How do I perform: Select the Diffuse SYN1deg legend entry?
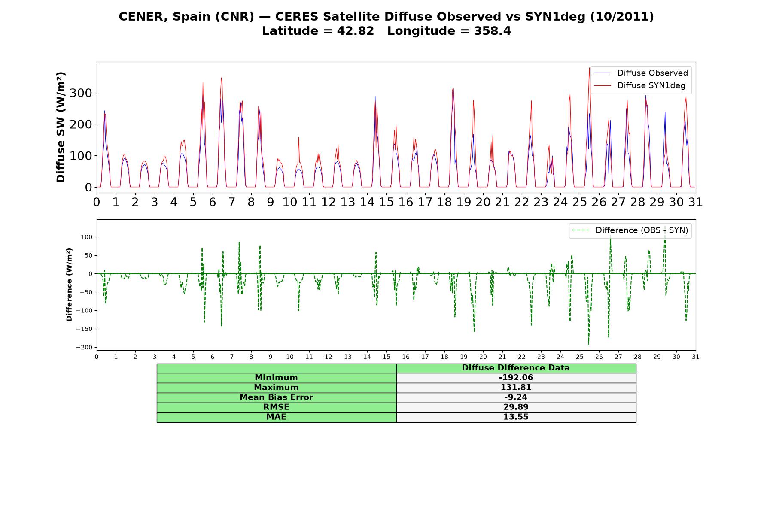(639, 85)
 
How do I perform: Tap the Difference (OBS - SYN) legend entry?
(630, 230)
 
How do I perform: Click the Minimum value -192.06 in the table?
(516, 378)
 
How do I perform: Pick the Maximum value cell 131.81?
(516, 388)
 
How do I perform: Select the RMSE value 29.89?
(516, 407)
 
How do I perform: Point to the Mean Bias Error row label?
(276, 397)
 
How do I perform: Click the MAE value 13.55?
(516, 417)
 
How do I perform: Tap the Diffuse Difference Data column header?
(516, 368)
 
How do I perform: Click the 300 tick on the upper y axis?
(81, 93)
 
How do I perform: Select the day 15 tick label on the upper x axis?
(386, 202)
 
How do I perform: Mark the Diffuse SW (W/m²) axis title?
(61, 127)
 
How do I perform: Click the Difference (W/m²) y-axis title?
(69, 285)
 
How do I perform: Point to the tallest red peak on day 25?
(590, 68)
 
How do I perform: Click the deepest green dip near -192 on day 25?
(588, 344)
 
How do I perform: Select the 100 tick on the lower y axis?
(86, 237)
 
